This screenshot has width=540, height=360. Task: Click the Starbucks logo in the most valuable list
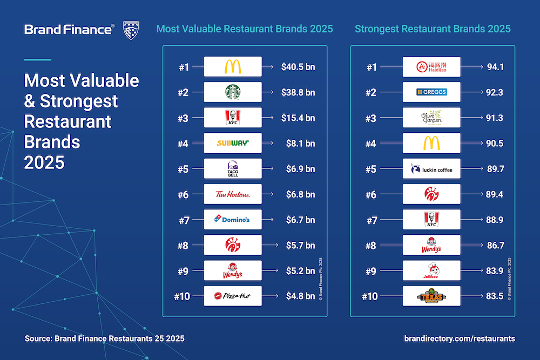tap(233, 92)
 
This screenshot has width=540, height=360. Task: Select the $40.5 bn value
tap(298, 67)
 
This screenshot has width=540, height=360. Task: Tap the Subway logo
tap(233, 143)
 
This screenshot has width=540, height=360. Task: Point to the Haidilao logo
tap(431, 67)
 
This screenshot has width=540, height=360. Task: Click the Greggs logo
tap(431, 92)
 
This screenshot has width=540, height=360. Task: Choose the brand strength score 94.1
tap(494, 67)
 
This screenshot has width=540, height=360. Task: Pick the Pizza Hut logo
tap(233, 296)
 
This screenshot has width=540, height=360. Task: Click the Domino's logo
tap(233, 220)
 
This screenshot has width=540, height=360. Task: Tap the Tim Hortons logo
tap(233, 194)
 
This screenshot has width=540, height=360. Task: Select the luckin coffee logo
tap(431, 169)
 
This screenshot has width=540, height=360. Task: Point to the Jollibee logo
tap(431, 270)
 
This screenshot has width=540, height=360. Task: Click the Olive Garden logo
tap(431, 118)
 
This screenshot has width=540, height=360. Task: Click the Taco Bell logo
tap(233, 169)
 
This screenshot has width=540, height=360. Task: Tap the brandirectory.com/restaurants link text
tap(459, 338)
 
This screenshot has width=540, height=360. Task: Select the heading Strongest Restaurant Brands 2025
tap(433, 29)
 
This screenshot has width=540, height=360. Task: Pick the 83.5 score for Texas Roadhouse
tap(494, 296)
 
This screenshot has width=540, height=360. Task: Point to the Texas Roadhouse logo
tap(431, 296)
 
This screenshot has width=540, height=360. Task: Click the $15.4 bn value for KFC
tap(298, 118)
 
